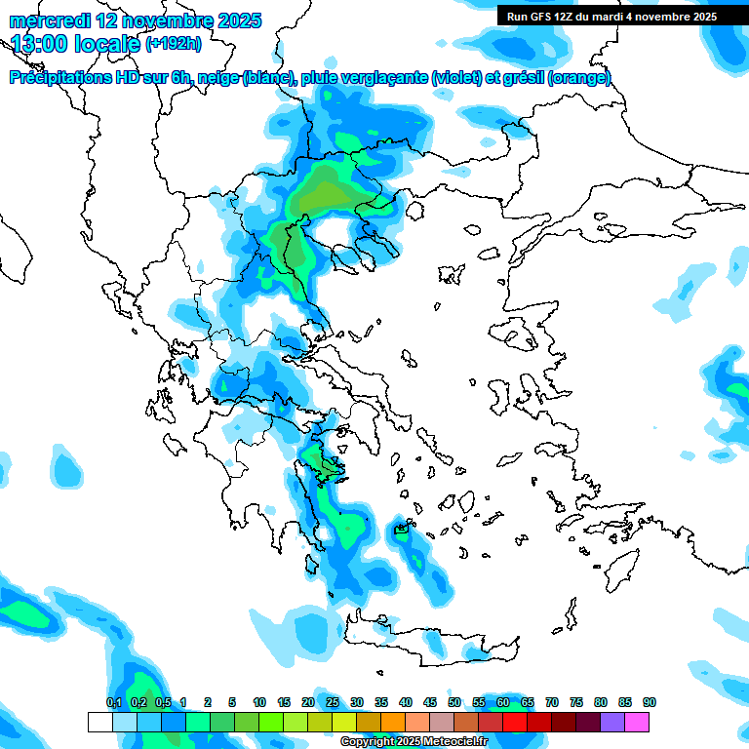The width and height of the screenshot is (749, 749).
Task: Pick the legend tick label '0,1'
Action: coord(113,702)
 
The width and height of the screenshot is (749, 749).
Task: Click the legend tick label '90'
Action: coord(650,702)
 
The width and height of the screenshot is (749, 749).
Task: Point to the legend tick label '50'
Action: coord(454,702)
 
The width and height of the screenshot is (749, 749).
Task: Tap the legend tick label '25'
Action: coord(333,702)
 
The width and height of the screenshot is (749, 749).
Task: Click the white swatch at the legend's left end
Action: coord(99,722)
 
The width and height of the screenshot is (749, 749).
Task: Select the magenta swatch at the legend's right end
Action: coord(637,722)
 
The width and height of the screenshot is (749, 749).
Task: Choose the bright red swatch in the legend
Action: coord(515,722)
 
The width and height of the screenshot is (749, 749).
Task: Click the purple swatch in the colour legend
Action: coord(612,722)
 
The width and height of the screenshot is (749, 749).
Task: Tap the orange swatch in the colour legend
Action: coord(393,722)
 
